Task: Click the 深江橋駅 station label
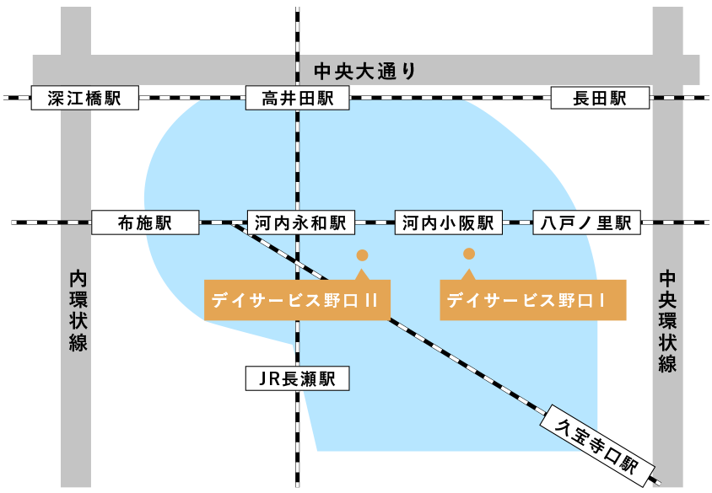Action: tap(76, 99)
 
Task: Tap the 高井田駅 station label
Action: tap(297, 99)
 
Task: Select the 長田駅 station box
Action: tap(600, 99)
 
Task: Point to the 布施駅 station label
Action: tap(144, 223)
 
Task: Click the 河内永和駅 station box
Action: tap(301, 223)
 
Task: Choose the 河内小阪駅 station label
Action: tap(448, 223)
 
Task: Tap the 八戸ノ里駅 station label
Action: tap(586, 223)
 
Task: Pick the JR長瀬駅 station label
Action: tap(297, 379)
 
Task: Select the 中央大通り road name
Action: tap(365, 71)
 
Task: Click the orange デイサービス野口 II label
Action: tap(297, 300)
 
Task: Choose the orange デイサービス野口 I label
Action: tap(533, 300)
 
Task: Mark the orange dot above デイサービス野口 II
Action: tap(362, 255)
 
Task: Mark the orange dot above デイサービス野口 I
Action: tap(469, 253)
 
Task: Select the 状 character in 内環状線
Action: tap(78, 321)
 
